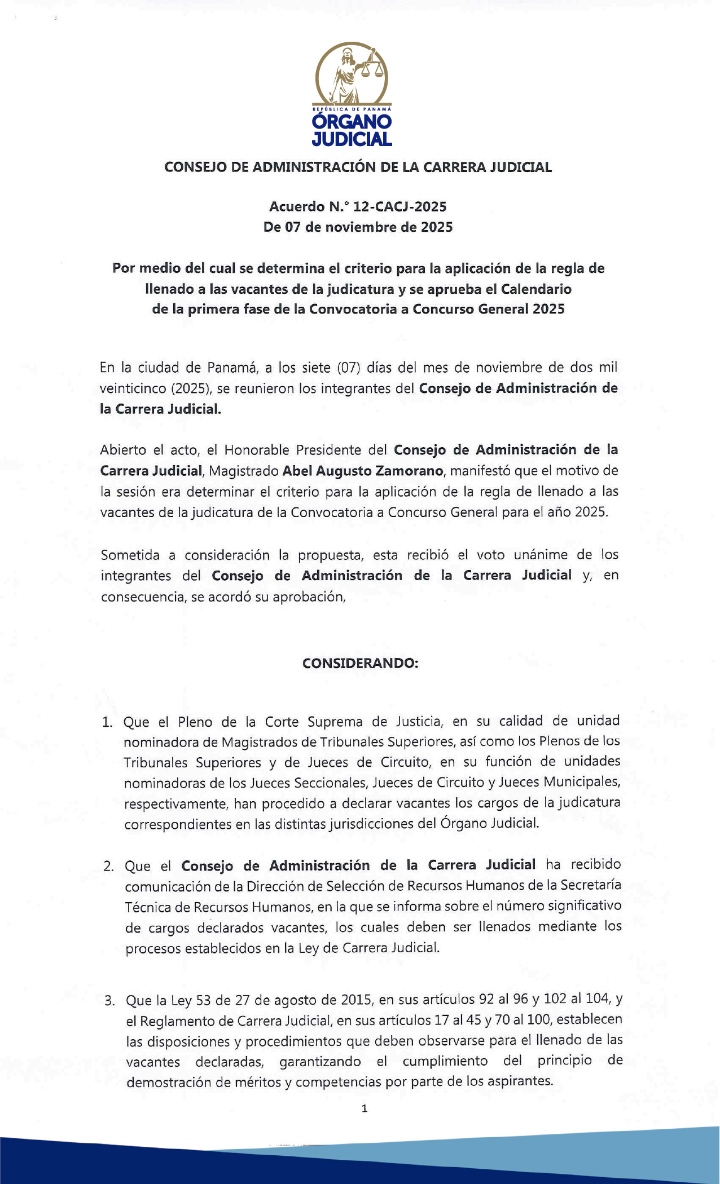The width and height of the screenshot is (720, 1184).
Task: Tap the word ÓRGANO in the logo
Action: coord(352,122)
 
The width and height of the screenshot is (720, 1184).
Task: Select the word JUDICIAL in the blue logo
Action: coord(352,139)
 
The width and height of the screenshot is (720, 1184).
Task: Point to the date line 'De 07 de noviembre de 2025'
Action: coord(358,227)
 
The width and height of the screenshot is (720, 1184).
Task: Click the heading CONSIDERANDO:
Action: coord(360,663)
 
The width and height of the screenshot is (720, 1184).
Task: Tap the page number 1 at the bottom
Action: coord(365,1108)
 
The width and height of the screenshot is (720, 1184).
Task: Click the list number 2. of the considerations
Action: coord(108,866)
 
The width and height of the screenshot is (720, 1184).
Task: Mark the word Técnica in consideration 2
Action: coord(147,907)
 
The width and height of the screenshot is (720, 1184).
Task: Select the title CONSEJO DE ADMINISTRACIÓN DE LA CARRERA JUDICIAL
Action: coord(358,167)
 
